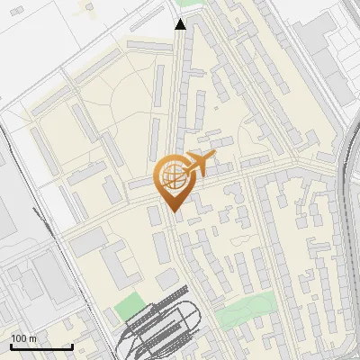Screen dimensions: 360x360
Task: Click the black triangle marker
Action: (x=180, y=24)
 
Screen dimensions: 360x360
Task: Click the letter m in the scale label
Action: (x=32, y=337)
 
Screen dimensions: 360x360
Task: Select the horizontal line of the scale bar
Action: (x=41, y=346)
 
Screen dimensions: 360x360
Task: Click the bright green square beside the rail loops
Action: (x=129, y=306)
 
